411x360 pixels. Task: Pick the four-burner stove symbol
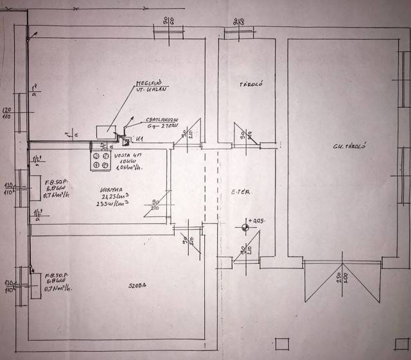100,160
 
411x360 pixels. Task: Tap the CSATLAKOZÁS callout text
160,122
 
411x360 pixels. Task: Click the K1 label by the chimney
139,139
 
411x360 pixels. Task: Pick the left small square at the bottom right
277,342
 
